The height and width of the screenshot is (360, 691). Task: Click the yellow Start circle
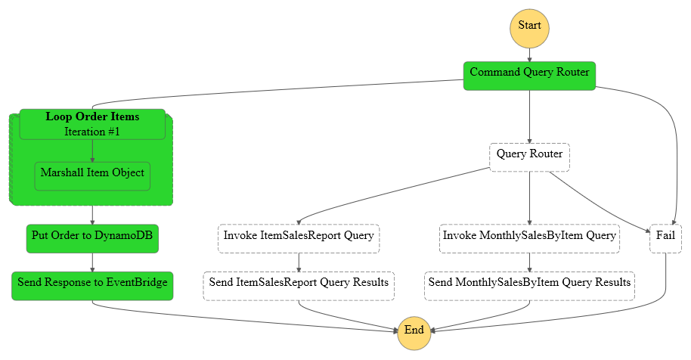(x=529, y=28)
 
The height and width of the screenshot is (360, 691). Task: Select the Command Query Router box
(x=529, y=76)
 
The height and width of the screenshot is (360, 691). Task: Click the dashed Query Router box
(x=529, y=157)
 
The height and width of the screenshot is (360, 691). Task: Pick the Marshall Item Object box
(x=92, y=176)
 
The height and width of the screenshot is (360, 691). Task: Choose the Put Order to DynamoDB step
(x=92, y=239)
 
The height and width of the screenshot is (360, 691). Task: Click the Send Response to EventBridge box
(x=92, y=286)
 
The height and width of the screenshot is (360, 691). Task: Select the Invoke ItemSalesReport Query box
(x=299, y=239)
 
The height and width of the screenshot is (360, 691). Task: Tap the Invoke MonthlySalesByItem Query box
(x=529, y=239)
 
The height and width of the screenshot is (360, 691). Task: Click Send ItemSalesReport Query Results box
(x=299, y=286)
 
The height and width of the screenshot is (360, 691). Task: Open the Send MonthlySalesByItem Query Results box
(x=529, y=286)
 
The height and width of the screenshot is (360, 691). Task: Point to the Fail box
(x=665, y=239)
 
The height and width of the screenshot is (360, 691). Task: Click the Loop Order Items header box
(x=92, y=124)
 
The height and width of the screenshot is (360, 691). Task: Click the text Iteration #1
(x=92, y=132)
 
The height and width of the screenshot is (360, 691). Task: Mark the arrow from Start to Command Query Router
(x=529, y=54)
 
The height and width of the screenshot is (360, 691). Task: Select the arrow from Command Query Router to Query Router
(x=529, y=116)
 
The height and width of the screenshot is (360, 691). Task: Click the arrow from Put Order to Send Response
(x=92, y=262)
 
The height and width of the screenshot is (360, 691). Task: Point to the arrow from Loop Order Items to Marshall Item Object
(x=92, y=151)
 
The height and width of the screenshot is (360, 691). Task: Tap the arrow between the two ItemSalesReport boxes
(x=299, y=262)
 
